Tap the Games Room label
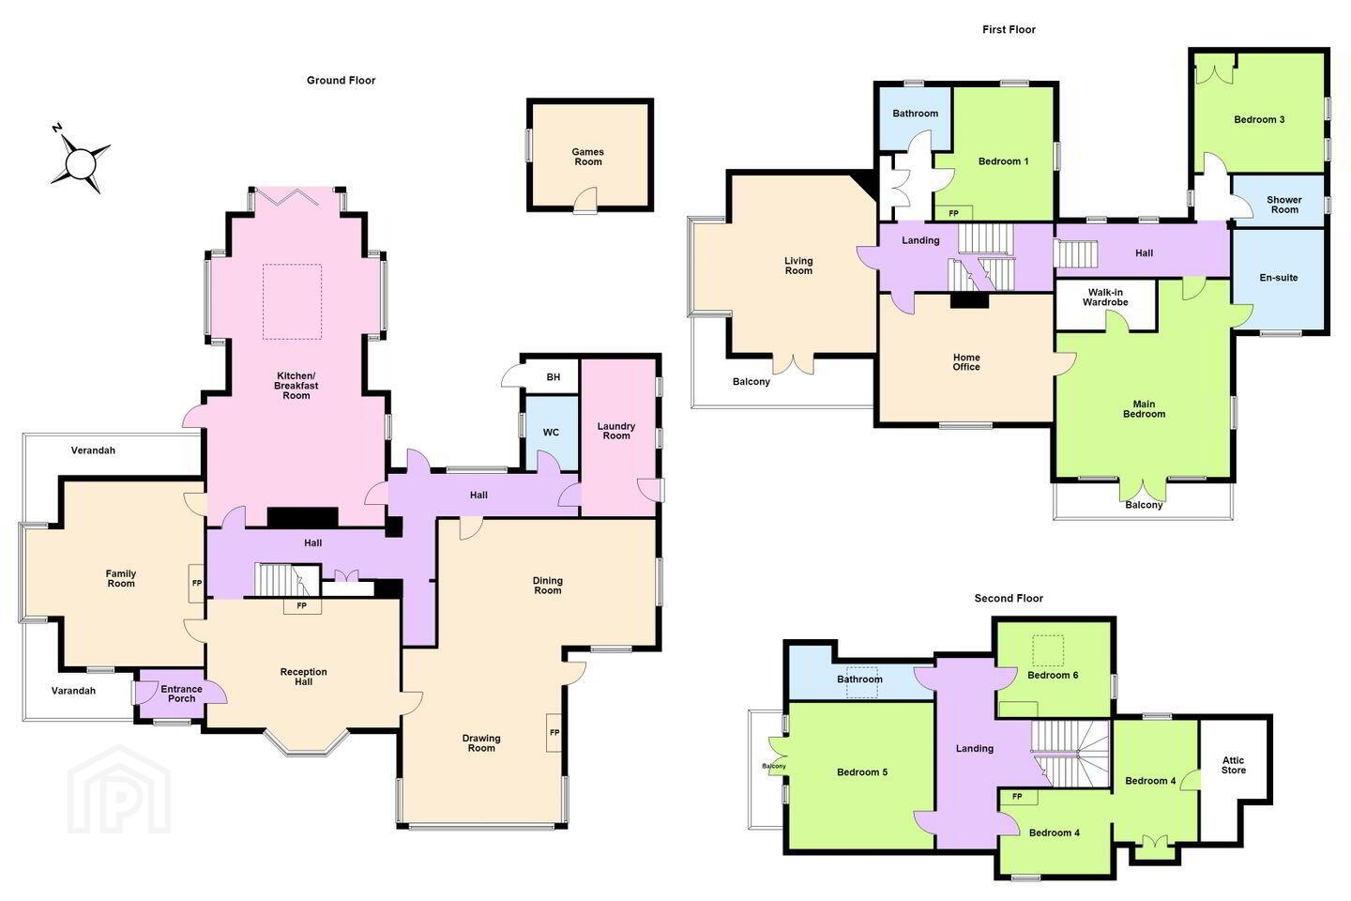pyautogui.click(x=588, y=157)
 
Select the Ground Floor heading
pyautogui.click(x=341, y=81)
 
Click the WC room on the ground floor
pyautogui.click(x=552, y=433)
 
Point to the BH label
pyautogui.click(x=554, y=377)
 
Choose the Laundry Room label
pyautogui.click(x=615, y=431)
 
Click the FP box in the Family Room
pyautogui.click(x=197, y=584)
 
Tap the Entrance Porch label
pyautogui.click(x=182, y=694)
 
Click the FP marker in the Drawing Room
pyautogui.click(x=554, y=733)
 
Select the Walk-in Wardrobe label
pyautogui.click(x=1105, y=298)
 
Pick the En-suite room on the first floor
pyautogui.click(x=1278, y=279)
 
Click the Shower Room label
pyautogui.click(x=1284, y=205)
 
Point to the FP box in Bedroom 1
pyautogui.click(x=953, y=213)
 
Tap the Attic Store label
pyautogui.click(x=1234, y=765)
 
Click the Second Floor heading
pyautogui.click(x=1009, y=598)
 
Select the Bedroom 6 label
pyautogui.click(x=1053, y=675)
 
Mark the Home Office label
pyautogui.click(x=966, y=362)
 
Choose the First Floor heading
pyautogui.click(x=1009, y=29)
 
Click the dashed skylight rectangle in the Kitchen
pyautogui.click(x=292, y=301)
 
